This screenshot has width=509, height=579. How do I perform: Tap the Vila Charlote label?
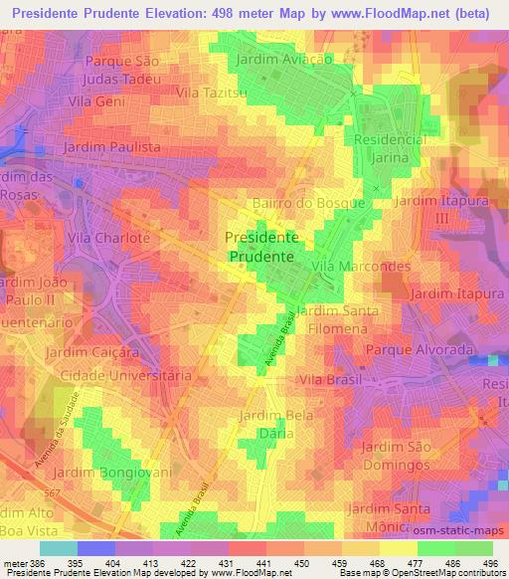[x=109, y=239]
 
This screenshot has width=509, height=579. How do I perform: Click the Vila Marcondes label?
[x=362, y=267]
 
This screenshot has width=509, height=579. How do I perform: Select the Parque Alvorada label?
[x=417, y=350]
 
